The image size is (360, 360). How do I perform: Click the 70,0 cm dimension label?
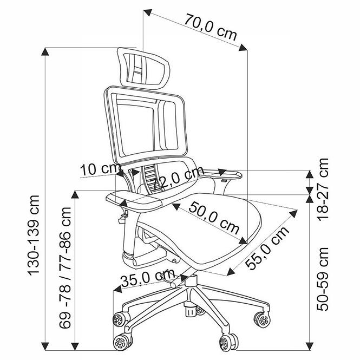[x=210, y=27]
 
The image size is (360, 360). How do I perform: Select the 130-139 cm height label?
[x=34, y=235]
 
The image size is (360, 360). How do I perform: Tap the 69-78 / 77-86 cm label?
[x=65, y=268]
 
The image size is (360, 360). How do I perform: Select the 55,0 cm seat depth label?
[x=267, y=247]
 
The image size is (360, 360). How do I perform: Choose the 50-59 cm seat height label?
[x=323, y=279]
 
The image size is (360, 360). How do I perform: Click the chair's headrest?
[x=143, y=68]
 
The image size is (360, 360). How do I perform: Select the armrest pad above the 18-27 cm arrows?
[x=220, y=174]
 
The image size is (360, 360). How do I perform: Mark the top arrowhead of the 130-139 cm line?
[x=45, y=51]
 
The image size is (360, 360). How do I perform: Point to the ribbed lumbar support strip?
[x=150, y=180]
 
